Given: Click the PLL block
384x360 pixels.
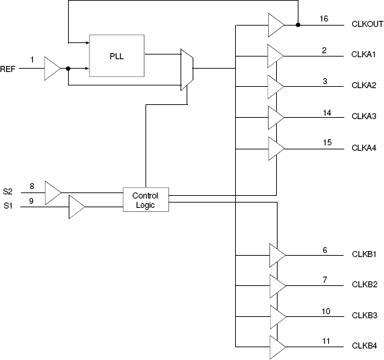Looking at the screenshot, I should [117, 55].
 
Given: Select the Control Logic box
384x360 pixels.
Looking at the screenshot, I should [145, 199].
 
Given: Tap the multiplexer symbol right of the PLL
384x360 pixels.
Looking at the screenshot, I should [187, 69].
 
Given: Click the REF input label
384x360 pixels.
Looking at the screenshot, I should [8, 69].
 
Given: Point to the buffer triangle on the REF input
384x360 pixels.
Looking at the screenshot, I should [51, 69].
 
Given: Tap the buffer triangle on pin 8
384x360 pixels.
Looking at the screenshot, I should [52, 192].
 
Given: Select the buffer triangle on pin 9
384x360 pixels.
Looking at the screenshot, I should [75, 207].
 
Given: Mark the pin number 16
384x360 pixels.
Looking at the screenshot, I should [324, 19].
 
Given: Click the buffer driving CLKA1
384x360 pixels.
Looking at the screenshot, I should [276, 55].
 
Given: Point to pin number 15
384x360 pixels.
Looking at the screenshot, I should [327, 142].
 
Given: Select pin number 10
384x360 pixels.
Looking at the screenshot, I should [326, 311].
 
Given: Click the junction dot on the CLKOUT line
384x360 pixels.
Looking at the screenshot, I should [298, 25].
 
